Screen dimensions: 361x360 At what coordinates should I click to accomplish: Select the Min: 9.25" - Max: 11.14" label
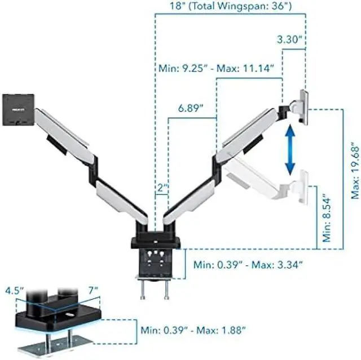214,68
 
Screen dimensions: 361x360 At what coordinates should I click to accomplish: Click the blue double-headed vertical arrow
290,149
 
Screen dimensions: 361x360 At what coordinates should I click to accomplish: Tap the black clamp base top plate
155,242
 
